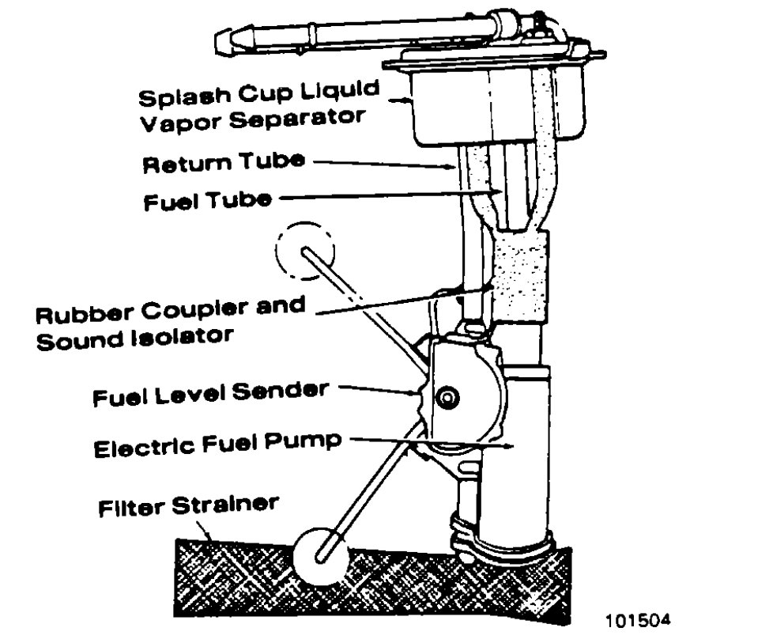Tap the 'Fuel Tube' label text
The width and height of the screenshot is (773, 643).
tap(207, 201)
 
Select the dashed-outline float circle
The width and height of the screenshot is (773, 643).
tap(305, 252)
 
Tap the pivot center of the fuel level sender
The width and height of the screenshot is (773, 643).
tap(450, 398)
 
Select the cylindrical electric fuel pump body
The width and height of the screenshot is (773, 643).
tap(526, 451)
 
